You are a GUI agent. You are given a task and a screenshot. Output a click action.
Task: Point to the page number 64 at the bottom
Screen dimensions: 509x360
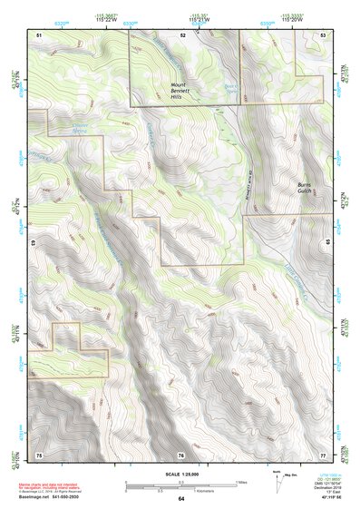click(x=180, y=499)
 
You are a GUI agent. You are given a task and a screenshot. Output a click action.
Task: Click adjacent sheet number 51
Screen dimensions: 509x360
click(x=39, y=34)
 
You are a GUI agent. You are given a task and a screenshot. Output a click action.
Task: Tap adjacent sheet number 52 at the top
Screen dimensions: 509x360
click(x=182, y=34)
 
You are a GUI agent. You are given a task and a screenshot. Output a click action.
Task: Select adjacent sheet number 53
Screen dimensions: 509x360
click(x=323, y=34)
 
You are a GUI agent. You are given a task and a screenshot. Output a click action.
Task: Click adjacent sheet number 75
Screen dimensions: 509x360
click(x=39, y=454)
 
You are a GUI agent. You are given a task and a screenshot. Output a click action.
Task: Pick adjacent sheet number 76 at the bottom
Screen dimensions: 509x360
click(x=181, y=454)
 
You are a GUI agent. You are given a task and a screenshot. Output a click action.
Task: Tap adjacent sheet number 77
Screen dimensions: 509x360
click(x=323, y=454)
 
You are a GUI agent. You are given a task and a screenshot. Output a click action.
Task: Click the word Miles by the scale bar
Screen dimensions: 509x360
click(x=242, y=481)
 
